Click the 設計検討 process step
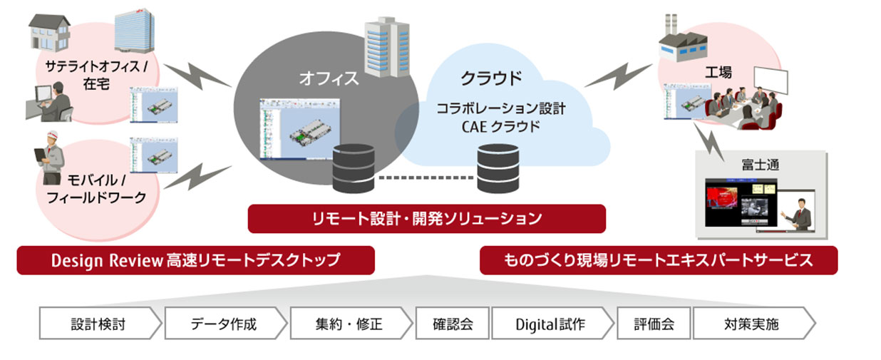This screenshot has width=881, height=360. coord(98,324)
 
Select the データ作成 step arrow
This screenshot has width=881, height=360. coord(224,324)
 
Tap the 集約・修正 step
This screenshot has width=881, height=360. coord(349,324)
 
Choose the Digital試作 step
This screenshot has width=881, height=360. coord(550,324)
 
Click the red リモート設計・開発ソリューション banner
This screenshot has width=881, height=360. coord(426,218)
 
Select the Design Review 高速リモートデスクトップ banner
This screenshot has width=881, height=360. coord(195,260)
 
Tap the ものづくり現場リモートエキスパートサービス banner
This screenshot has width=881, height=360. coord(658,260)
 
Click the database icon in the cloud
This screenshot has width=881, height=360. coord(498,167)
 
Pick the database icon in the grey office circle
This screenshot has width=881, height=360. coord(354,167)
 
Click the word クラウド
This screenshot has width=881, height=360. coord(490,78)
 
